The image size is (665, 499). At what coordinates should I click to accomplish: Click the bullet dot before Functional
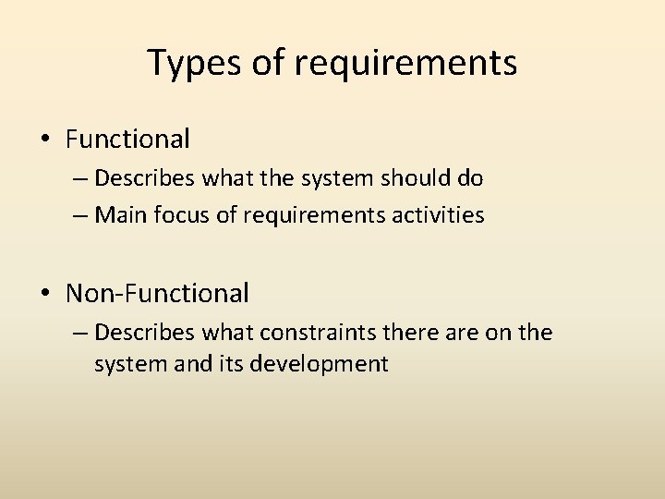pyautogui.click(x=45, y=140)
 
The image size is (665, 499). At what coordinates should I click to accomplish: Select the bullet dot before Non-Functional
pyautogui.click(x=45, y=294)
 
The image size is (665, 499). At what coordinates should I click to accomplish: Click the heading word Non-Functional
pyautogui.click(x=157, y=294)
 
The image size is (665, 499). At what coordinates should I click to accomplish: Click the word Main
pyautogui.click(x=116, y=215)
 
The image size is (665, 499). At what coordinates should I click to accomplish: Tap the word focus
pyautogui.click(x=171, y=215)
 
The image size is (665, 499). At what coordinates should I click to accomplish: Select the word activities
pyautogui.click(x=441, y=215)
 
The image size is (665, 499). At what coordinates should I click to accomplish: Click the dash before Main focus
pyautogui.click(x=79, y=215)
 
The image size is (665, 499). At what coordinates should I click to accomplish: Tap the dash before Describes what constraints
pyautogui.click(x=79, y=332)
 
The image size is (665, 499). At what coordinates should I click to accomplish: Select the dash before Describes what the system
pyautogui.click(x=79, y=176)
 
